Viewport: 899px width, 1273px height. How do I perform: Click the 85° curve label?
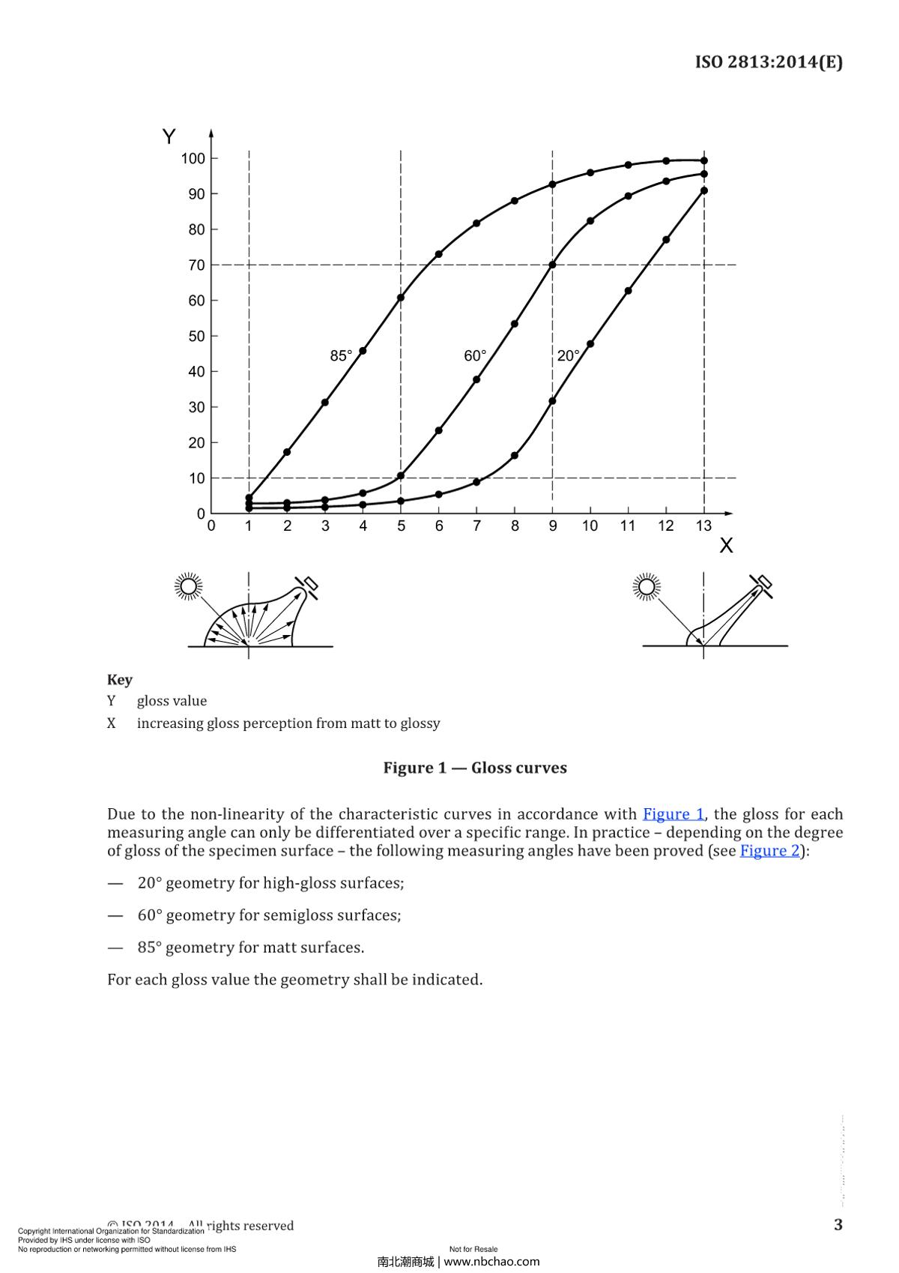(341, 356)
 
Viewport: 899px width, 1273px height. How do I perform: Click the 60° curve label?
(475, 356)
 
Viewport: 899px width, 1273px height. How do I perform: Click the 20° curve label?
(568, 356)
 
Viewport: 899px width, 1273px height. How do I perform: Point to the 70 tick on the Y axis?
(197, 265)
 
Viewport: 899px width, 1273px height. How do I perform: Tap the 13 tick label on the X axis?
(703, 526)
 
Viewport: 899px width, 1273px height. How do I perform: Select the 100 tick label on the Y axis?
(193, 158)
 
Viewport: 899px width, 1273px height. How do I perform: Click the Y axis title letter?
(169, 137)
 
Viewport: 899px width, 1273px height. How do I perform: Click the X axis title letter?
(726, 546)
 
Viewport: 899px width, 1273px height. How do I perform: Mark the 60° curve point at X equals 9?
(553, 265)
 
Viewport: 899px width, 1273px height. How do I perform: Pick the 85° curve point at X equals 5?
(401, 298)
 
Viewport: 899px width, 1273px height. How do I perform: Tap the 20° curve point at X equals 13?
(704, 190)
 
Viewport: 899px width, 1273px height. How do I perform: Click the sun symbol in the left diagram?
(188, 586)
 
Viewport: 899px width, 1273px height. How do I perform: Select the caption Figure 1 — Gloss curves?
(475, 768)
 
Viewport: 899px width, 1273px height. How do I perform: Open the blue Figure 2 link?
(769, 850)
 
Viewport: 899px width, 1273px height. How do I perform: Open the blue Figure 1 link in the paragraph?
(674, 814)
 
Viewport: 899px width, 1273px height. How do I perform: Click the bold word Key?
(120, 679)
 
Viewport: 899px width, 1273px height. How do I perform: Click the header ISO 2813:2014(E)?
(769, 62)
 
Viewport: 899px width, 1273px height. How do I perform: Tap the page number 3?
(838, 1224)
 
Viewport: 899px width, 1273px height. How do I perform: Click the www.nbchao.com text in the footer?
(491, 1262)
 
